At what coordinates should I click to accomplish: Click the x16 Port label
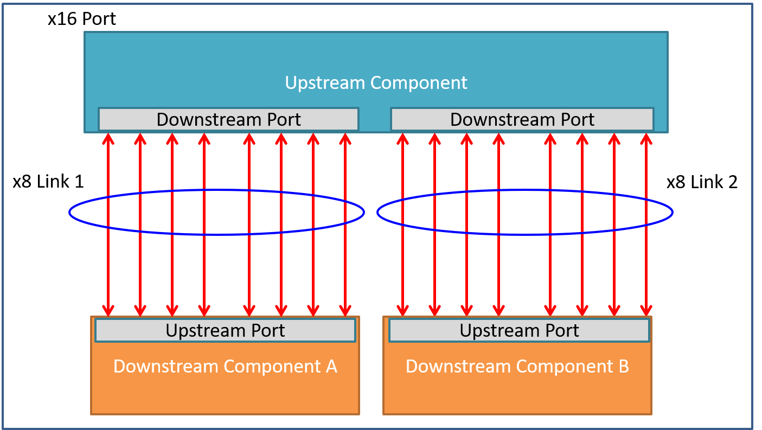[82, 19]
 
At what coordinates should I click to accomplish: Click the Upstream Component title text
[376, 83]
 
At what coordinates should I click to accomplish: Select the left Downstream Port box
[228, 119]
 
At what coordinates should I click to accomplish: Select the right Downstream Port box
[522, 119]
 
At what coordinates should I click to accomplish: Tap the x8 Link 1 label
[48, 182]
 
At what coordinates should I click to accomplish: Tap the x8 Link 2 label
[702, 182]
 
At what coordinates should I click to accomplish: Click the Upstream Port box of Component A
[225, 330]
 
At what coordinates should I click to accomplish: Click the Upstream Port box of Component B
[519, 330]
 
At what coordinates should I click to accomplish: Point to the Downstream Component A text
[225, 367]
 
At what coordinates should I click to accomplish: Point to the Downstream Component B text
[517, 367]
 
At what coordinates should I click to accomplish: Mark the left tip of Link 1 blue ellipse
[70, 213]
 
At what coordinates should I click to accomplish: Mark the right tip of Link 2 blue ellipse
[672, 213]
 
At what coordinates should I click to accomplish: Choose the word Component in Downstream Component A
[272, 367]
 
